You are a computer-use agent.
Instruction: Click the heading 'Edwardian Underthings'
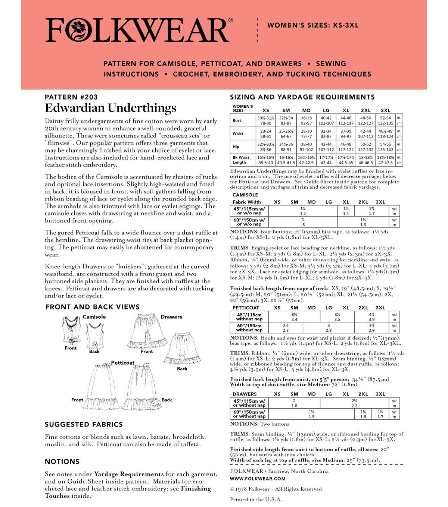111,108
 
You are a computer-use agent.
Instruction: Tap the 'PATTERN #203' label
71,97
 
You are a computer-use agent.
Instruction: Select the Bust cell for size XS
265,120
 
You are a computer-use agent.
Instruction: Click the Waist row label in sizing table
238,133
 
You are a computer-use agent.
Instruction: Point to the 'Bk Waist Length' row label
241,160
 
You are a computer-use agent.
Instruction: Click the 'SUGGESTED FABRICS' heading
84,424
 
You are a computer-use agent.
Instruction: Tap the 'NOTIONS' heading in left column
62,462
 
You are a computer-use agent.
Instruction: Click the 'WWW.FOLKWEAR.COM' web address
258,479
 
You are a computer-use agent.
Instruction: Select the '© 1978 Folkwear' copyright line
276,489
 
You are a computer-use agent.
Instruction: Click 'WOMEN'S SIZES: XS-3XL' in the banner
313,25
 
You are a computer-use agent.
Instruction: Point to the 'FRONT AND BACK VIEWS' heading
92,307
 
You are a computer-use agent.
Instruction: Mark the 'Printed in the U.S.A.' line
256,499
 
